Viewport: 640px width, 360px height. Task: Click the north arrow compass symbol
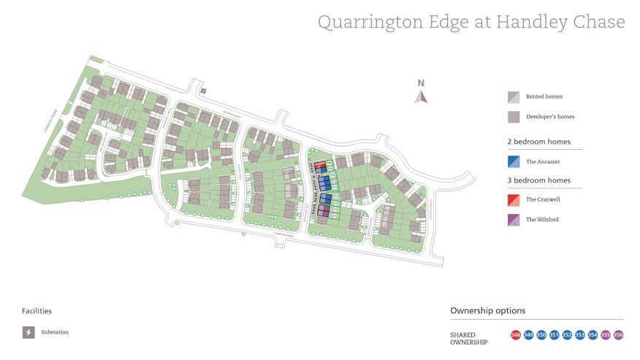(420, 94)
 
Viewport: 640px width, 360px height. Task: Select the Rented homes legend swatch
(514, 96)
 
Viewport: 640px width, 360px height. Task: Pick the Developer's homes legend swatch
(514, 117)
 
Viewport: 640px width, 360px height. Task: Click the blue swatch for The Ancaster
(514, 161)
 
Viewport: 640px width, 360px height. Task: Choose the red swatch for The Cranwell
(514, 199)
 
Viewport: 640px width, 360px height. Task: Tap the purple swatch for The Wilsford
(514, 220)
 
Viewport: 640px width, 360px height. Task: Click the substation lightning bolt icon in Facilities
(28, 332)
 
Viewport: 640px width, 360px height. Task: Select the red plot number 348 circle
(516, 335)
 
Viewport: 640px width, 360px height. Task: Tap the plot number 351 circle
(555, 335)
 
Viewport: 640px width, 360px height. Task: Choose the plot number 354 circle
(593, 335)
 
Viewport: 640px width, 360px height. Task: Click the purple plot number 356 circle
(618, 335)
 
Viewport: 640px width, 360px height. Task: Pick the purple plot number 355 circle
(606, 335)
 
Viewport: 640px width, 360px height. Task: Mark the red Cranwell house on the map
(319, 164)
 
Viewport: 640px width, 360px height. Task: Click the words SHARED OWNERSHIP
(468, 338)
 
